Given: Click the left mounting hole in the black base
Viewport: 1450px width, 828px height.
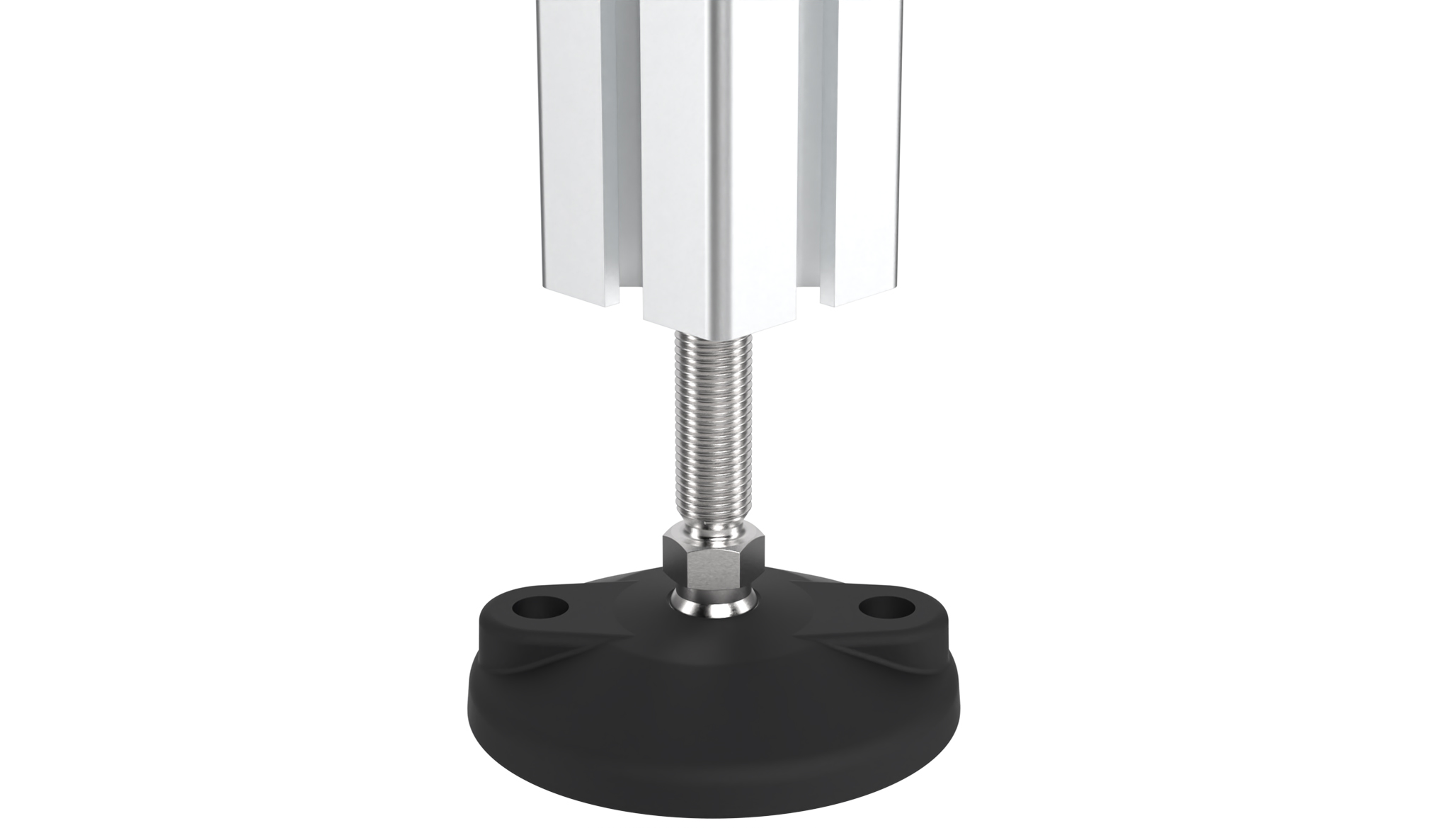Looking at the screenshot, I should (541, 607).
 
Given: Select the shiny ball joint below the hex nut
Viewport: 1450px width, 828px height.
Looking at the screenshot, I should (712, 606).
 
